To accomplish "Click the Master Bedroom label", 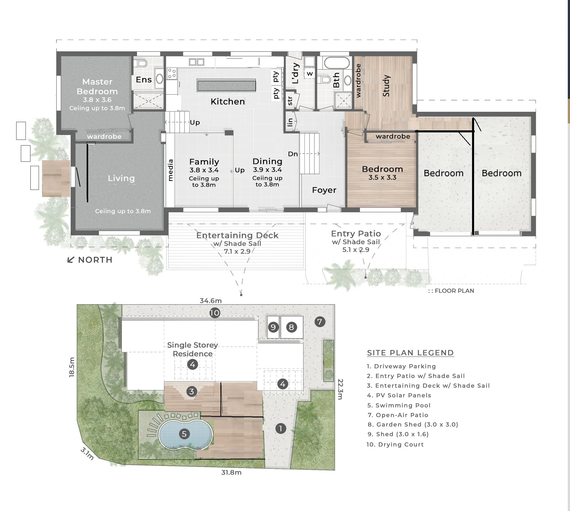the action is pos(97,86).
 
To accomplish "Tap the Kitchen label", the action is pos(228,101).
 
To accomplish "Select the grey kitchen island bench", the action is pos(226,85).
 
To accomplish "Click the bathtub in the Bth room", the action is pos(337,63).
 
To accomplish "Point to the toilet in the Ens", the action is pos(141,63).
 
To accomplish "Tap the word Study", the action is pos(386,86).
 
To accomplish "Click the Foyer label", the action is pos(324,190).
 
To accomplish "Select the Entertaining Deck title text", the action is pos(237,235).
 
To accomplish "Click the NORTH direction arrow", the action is pos(71,260).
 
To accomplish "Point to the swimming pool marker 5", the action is pos(184,434).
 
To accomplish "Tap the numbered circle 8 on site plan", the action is pos(291,327).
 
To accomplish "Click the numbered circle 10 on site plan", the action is pos(215,313).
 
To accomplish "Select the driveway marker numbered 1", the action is pos(281,428).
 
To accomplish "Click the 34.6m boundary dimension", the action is pos(211,301).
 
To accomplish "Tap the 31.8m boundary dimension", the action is pos(231,472).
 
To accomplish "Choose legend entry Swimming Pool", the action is pos(399,405).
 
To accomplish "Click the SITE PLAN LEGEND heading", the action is pos(410,353).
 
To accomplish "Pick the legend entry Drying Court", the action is pos(395,445).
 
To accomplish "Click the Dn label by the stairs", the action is pos(293,154).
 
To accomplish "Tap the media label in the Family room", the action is pos(170,170).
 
